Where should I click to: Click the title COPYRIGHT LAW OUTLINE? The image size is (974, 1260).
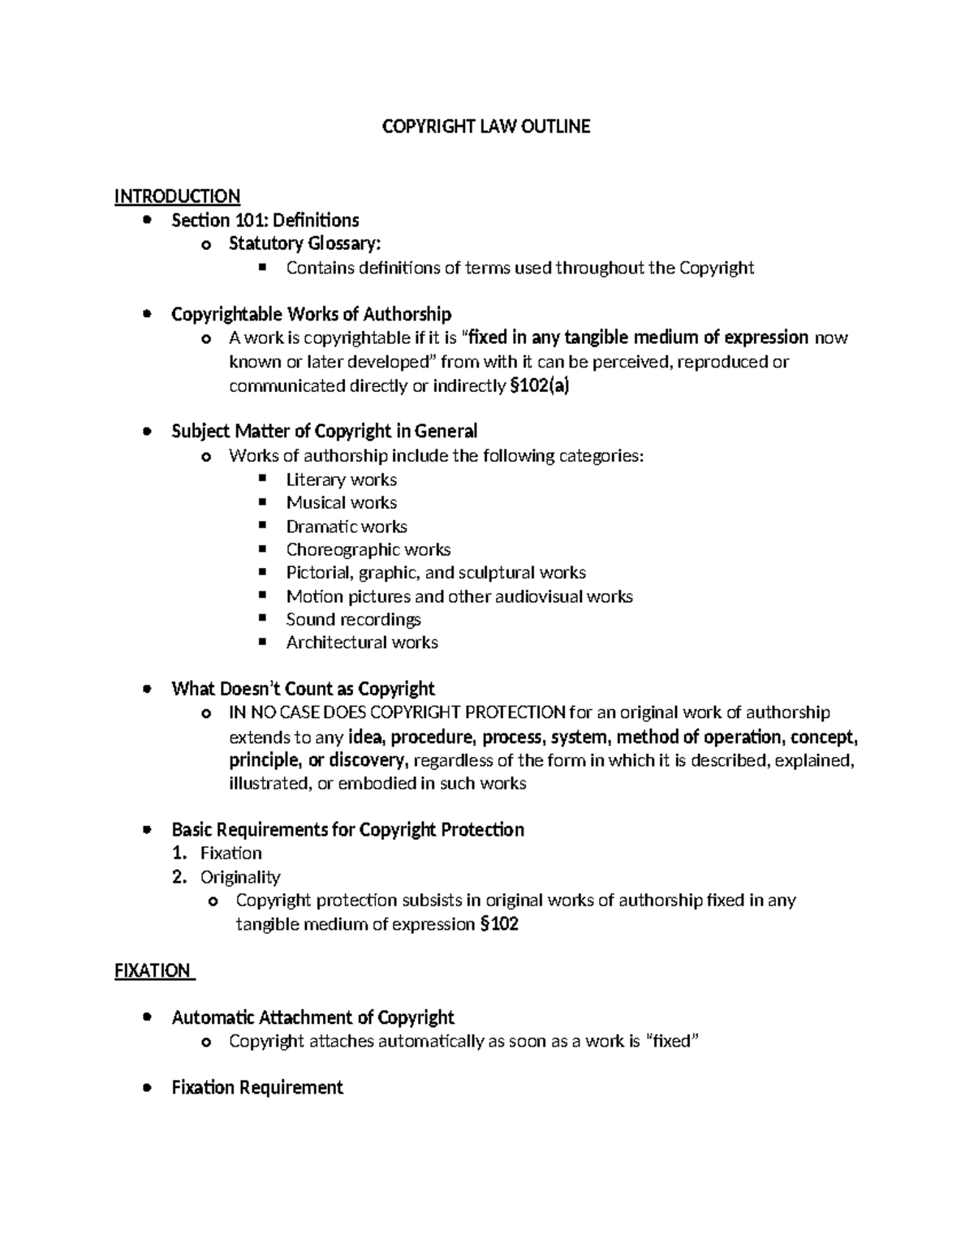pos(486,127)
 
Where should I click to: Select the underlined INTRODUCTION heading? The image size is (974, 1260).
pos(177,196)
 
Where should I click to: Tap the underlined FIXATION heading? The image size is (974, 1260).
pos(153,970)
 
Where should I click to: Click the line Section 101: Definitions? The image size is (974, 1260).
pos(265,221)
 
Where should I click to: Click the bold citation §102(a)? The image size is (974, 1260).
pos(540,386)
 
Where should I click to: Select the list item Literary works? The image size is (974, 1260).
pos(341,479)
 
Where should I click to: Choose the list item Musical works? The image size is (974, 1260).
pos(341,503)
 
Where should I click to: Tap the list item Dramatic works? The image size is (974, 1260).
pos(347,527)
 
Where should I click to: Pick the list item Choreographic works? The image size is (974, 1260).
pos(368,550)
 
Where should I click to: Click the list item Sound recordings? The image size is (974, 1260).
pos(353,620)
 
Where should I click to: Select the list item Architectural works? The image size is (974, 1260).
pos(362,643)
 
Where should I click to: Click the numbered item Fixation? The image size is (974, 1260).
pos(231,854)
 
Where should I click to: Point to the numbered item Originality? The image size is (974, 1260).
pos(240,877)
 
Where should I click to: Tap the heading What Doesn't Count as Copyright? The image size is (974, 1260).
pos(303,690)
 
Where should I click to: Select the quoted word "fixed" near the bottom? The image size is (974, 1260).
pos(670,1041)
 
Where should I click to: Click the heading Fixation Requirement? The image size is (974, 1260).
pos(257,1088)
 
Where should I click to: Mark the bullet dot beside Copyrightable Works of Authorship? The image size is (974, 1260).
pos(146,315)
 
